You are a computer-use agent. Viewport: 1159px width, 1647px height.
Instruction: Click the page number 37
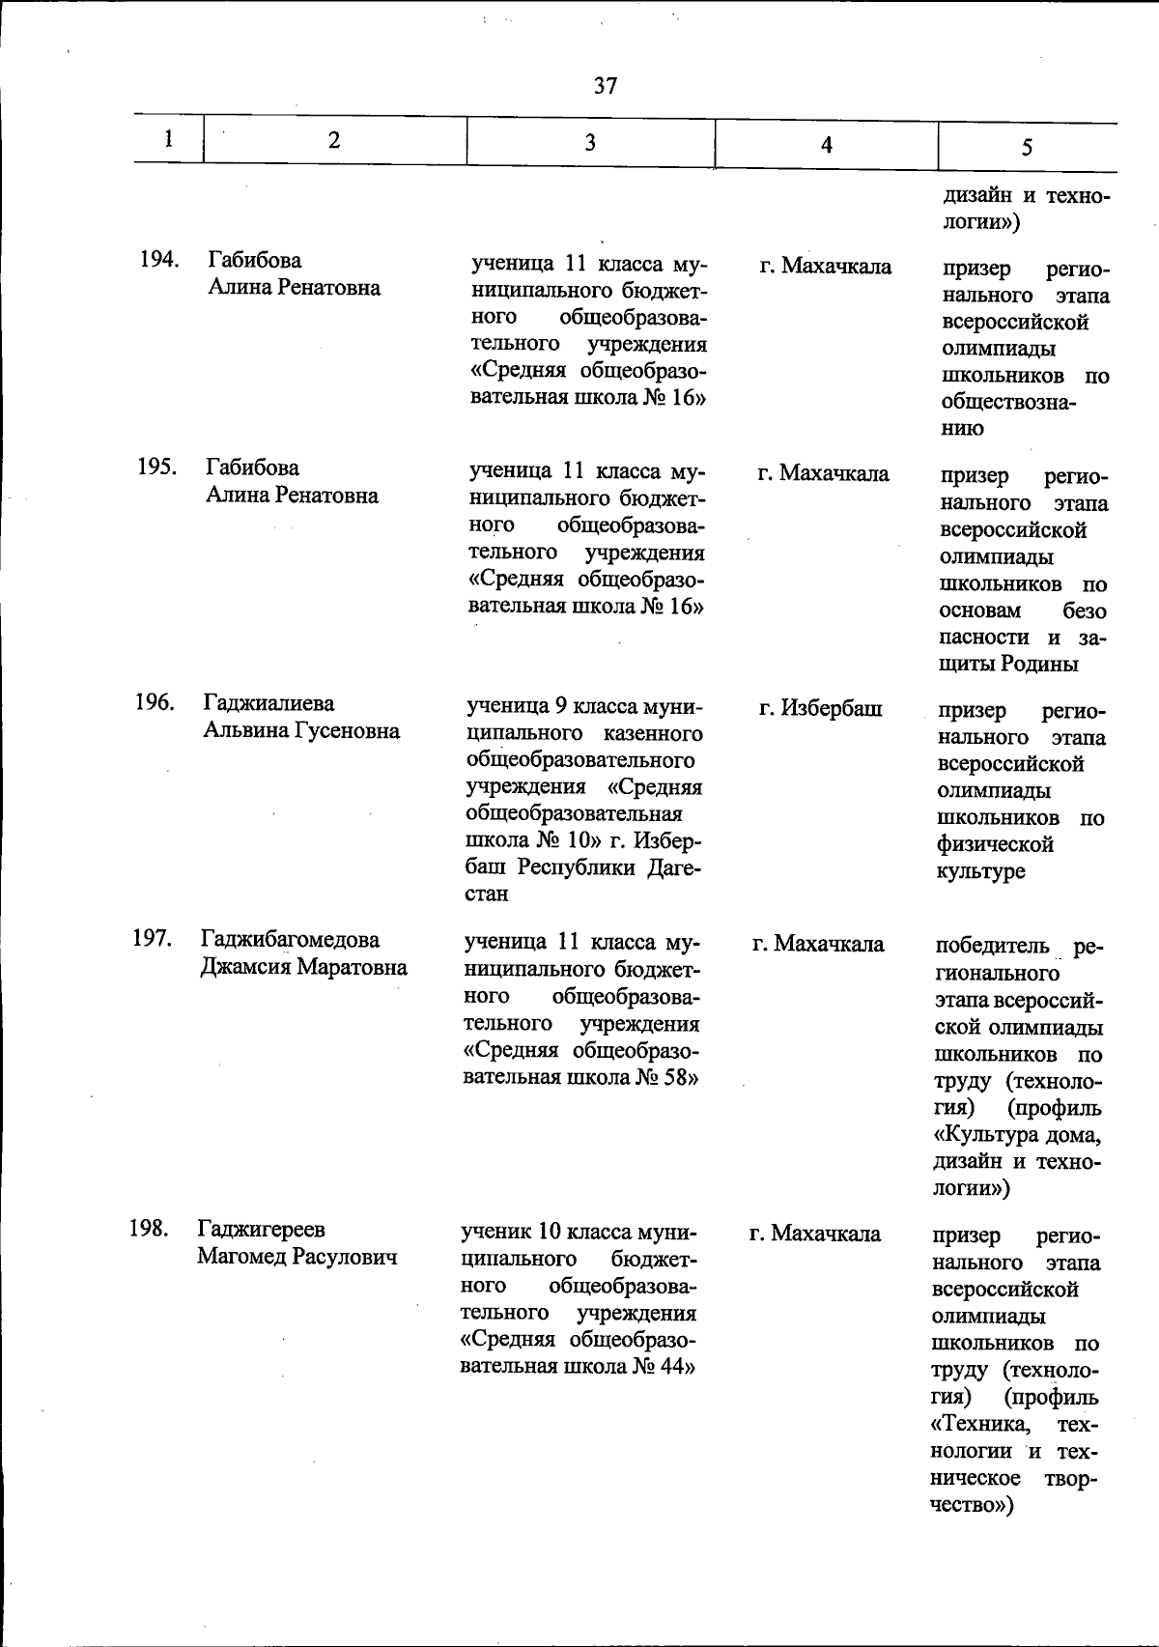[x=606, y=86]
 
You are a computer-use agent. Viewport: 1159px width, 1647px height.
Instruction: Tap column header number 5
[x=1027, y=147]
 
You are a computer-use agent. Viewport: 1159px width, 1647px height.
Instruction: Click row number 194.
[x=157, y=260]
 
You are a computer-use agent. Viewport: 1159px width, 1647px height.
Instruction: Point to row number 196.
[x=155, y=702]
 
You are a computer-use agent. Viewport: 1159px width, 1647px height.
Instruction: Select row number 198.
[x=149, y=1229]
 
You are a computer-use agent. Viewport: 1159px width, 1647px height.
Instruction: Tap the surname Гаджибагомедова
[x=290, y=940]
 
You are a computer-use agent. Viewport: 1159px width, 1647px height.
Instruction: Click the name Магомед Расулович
[x=297, y=1257]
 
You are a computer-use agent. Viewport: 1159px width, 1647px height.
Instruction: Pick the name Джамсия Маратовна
[x=303, y=967]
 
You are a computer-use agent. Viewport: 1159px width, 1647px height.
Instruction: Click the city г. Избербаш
[x=820, y=709]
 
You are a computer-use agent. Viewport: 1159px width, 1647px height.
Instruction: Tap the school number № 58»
[x=666, y=1077]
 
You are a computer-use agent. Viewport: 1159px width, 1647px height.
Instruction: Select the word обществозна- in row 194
[x=1009, y=402]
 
